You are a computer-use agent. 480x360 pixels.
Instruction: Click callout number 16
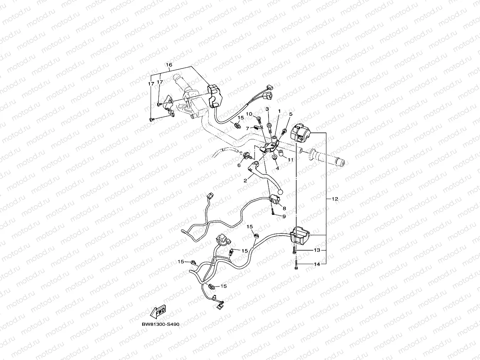click(169, 65)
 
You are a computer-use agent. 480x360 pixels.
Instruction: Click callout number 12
click(334, 199)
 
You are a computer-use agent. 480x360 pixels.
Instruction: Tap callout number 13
click(317, 250)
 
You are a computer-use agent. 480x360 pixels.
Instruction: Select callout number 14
click(317, 264)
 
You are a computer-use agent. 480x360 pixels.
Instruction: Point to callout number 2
click(245, 180)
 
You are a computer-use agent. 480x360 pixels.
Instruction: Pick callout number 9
click(284, 216)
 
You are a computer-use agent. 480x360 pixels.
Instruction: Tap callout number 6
click(239, 165)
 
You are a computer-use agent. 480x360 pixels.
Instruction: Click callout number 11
click(290, 159)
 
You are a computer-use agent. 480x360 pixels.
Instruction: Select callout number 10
click(249, 114)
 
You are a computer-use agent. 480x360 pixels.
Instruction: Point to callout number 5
click(291, 114)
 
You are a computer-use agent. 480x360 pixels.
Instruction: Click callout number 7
click(248, 128)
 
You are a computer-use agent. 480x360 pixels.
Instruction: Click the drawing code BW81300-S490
click(160, 324)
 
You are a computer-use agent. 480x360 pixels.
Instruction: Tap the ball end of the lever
click(280, 191)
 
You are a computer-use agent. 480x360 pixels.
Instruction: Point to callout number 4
click(277, 168)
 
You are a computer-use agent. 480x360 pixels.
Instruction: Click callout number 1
click(279, 111)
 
